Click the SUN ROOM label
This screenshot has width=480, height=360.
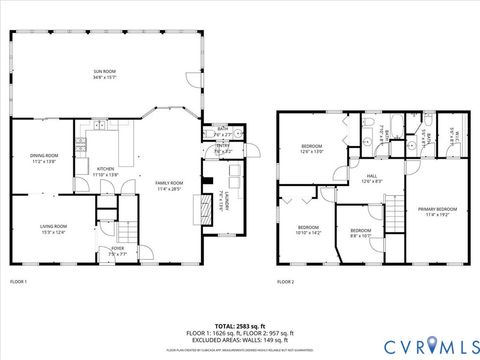(x=103, y=74)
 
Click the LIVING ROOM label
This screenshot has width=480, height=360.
(x=52, y=229)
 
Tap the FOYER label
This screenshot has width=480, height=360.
(x=118, y=251)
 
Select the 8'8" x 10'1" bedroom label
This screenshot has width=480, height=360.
(x=359, y=233)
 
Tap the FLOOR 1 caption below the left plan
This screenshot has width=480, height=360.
(x=19, y=282)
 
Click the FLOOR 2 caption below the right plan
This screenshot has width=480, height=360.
(x=286, y=282)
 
